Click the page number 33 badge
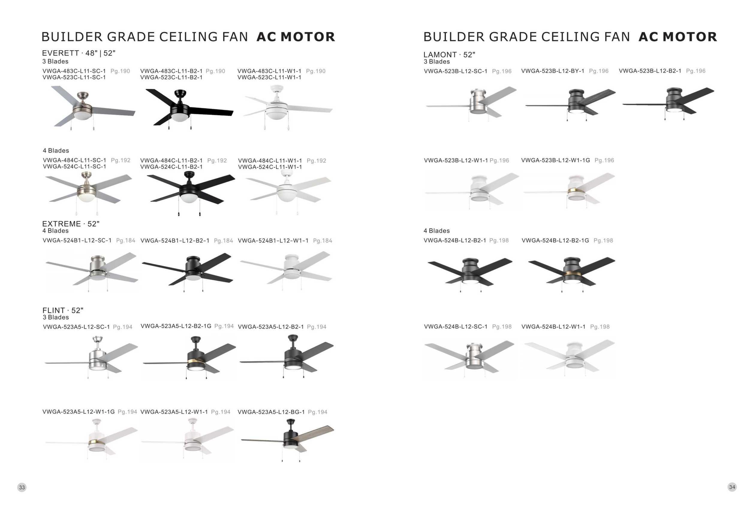tap(22, 487)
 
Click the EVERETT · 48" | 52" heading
tap(79, 53)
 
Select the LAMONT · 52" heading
tap(449, 55)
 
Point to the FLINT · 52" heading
tap(63, 310)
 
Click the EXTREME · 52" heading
tap(71, 224)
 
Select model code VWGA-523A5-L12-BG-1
tap(271, 412)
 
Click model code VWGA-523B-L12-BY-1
tap(553, 71)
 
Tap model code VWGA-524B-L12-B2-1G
tap(555, 240)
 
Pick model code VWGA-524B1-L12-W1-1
tap(273, 241)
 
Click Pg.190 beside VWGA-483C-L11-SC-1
tap(120, 71)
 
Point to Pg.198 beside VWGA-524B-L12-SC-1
tap(502, 326)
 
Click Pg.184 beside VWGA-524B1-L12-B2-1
tap(223, 241)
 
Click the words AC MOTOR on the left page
tap(296, 37)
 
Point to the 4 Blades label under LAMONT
tap(437, 231)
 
